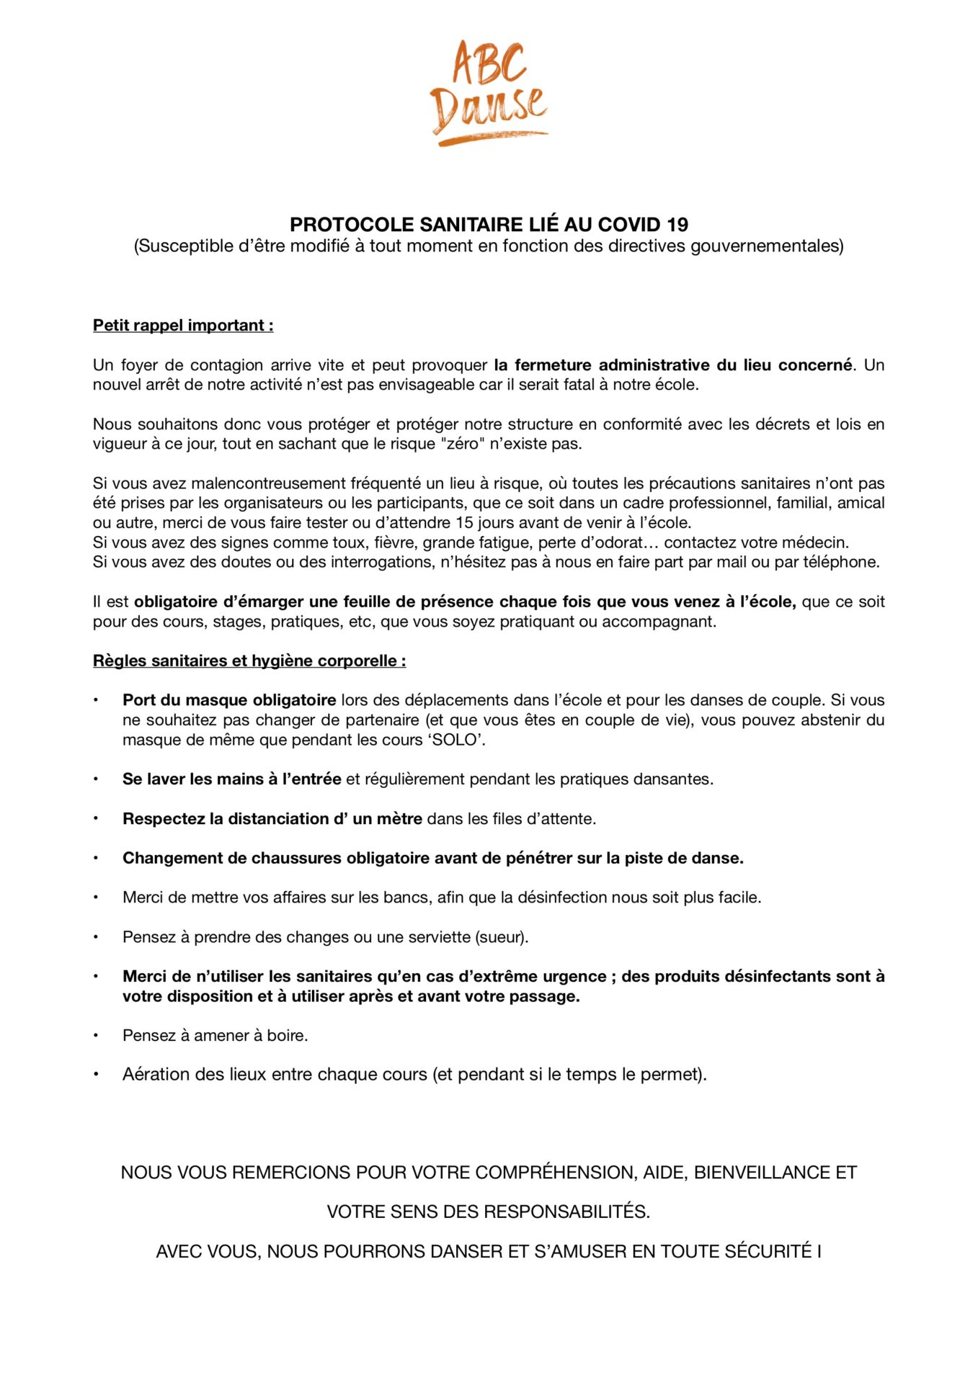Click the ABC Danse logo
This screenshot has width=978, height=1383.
489,93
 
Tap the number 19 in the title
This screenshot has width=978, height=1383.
677,225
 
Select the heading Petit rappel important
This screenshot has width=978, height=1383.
182,326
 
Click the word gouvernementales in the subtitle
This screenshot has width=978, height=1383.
766,246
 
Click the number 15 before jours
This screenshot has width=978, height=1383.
465,522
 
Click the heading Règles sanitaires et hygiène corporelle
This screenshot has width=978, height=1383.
249,661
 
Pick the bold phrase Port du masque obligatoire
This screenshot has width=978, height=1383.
229,700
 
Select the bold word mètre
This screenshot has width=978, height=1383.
399,819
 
